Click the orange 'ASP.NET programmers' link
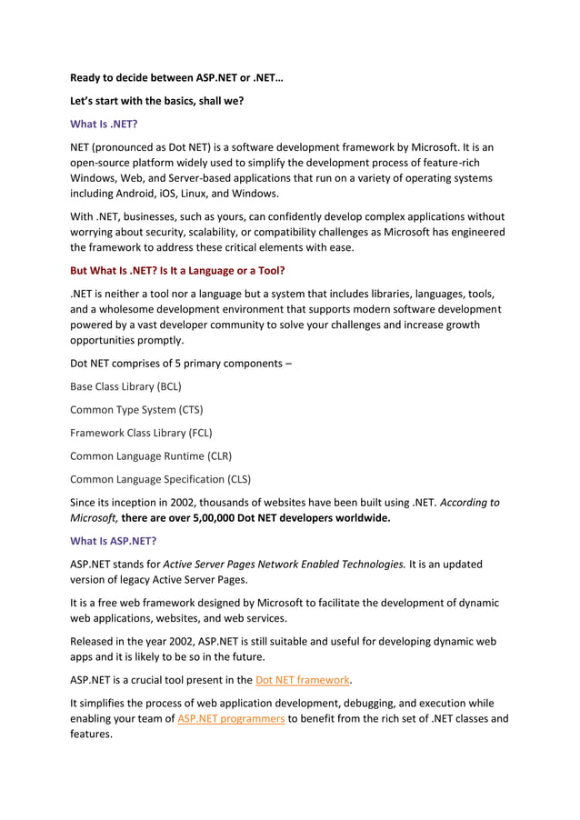coord(230,718)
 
